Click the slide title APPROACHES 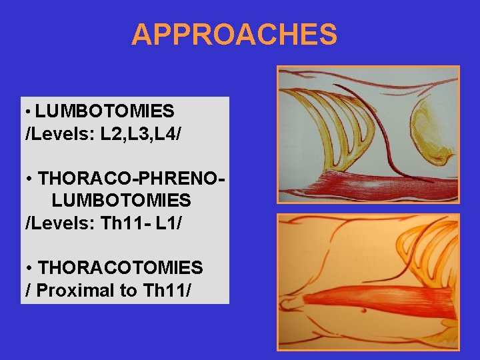(234, 35)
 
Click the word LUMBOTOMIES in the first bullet (105, 111)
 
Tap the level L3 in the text (138, 135)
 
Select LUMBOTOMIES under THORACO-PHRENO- (121, 200)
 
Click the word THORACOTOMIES (121, 268)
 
